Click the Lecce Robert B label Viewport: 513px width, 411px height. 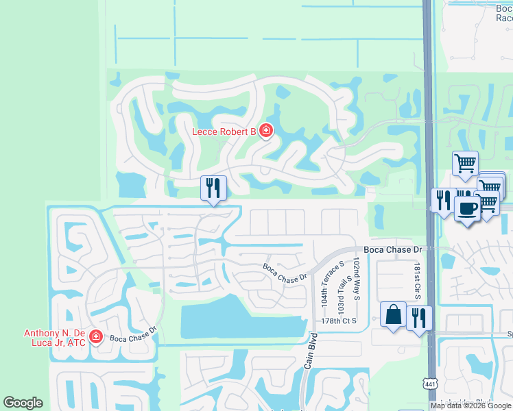(x=224, y=131)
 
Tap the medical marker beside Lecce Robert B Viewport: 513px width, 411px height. (x=265, y=130)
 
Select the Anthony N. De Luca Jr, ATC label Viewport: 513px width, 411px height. (x=55, y=338)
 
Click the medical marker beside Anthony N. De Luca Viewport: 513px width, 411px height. (x=97, y=337)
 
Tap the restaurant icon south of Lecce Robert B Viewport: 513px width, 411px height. (x=213, y=188)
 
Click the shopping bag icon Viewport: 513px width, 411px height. (x=394, y=314)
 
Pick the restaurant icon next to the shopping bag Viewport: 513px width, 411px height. (x=419, y=318)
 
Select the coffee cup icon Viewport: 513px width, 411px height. (x=466, y=209)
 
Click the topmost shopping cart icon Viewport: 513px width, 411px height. (x=465, y=164)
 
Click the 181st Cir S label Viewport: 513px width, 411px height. (x=416, y=281)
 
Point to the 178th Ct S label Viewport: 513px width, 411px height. (x=339, y=321)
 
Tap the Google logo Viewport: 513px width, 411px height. (x=23, y=403)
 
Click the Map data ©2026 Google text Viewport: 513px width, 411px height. (x=470, y=406)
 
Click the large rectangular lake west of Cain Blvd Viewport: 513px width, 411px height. (x=240, y=320)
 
